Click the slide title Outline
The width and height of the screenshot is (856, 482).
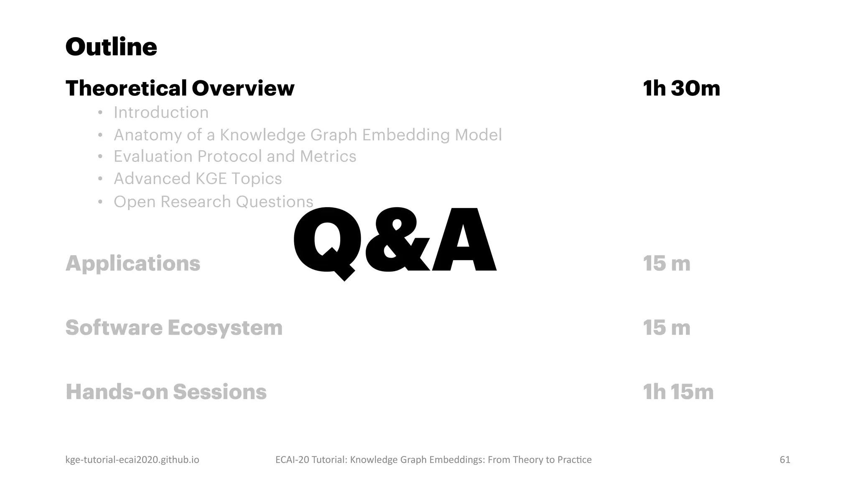click(x=111, y=47)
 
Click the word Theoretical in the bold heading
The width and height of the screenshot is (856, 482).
click(x=126, y=88)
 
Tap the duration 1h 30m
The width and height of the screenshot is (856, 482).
click(x=681, y=88)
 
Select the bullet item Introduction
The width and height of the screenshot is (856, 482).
click(x=161, y=113)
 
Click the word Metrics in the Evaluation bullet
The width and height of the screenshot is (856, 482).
click(x=328, y=156)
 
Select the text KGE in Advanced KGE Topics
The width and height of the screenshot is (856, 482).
click(x=211, y=179)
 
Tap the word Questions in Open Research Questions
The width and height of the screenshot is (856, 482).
click(x=274, y=202)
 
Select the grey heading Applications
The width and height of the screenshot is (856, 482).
click(x=133, y=264)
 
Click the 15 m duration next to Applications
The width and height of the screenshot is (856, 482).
click(x=666, y=264)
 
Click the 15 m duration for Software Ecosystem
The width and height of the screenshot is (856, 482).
click(x=666, y=328)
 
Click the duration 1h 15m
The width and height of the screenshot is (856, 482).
click(x=678, y=392)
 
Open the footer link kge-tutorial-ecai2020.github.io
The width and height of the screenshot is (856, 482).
click(x=132, y=460)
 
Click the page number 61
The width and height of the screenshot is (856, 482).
click(x=785, y=460)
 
